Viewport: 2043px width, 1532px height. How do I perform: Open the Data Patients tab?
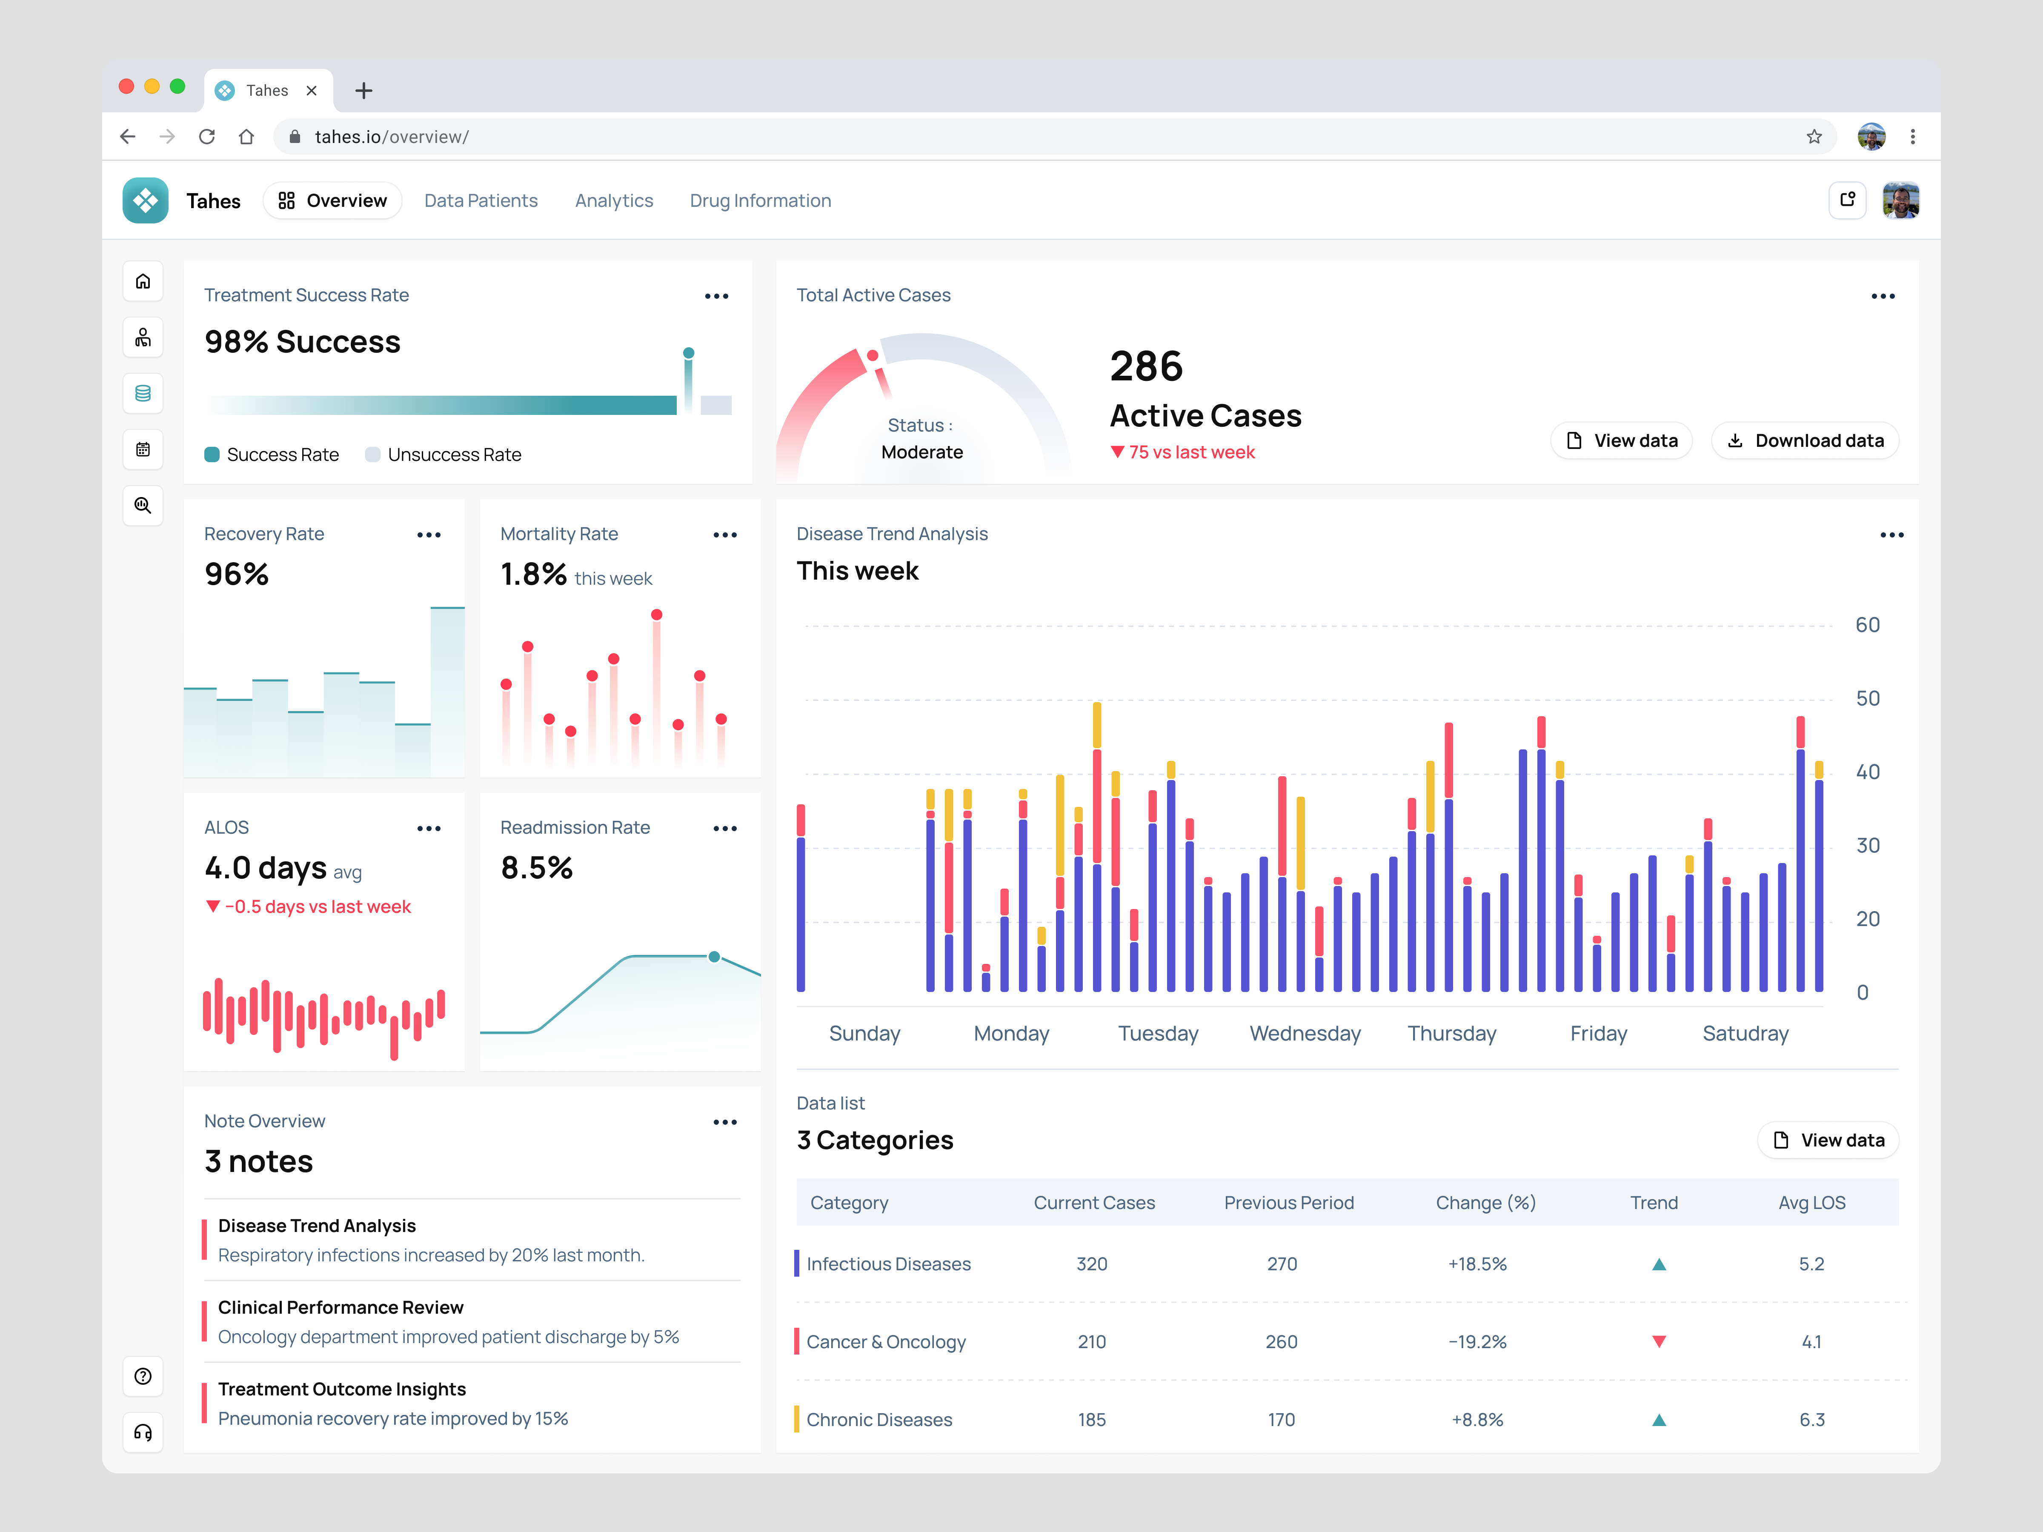[480, 200]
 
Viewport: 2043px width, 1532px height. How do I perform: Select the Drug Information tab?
[760, 200]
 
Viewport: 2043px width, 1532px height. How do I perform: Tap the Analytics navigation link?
[613, 200]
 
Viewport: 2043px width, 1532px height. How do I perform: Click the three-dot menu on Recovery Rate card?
[429, 534]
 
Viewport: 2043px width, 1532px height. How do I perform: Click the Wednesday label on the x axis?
[1304, 1033]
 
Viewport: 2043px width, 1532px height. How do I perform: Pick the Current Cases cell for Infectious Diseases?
[1092, 1263]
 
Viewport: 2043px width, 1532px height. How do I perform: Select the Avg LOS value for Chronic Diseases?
[1811, 1419]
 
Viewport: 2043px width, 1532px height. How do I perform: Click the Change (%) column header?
[1485, 1202]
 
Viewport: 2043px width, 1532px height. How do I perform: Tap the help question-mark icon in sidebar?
[143, 1376]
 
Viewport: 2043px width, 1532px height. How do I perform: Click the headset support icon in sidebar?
[143, 1432]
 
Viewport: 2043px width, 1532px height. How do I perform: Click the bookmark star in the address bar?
[1814, 137]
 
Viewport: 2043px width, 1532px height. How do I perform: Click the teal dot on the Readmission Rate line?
[714, 957]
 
